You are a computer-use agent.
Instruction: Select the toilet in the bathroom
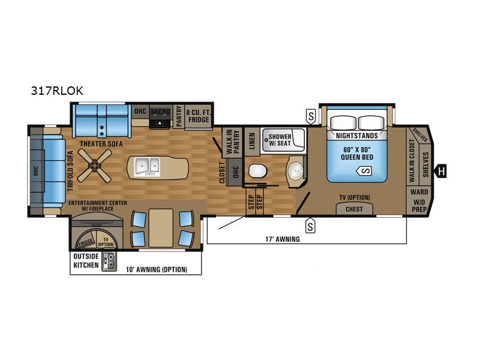coord(258,171)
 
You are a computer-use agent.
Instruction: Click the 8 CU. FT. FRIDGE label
coord(199,116)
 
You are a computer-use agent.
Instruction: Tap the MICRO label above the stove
coord(160,112)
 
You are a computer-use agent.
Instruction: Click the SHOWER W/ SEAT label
coord(280,140)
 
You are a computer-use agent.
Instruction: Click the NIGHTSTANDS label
coord(357,136)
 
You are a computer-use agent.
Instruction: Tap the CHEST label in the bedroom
coord(354,209)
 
